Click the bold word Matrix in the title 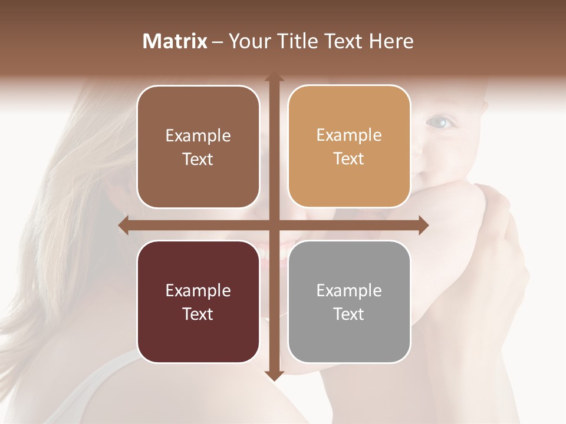tap(175, 41)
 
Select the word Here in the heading tap(391, 41)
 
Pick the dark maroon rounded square tap(198, 302)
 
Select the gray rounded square tap(349, 302)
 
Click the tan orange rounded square tap(349, 147)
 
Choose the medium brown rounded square tap(198, 147)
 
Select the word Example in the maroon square tap(198, 290)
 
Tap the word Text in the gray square tap(349, 314)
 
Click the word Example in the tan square tap(349, 135)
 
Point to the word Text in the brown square tap(198, 159)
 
